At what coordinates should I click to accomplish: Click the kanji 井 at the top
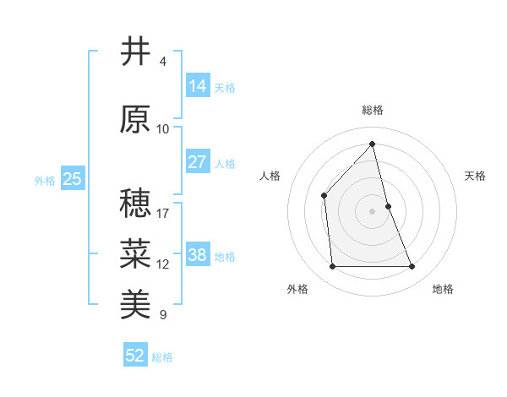135,52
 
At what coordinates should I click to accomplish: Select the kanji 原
135,120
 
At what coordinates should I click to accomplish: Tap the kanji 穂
135,204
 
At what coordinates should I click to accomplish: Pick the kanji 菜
135,253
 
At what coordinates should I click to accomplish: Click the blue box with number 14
197,86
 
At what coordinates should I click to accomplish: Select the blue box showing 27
197,162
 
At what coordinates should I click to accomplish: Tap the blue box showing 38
197,255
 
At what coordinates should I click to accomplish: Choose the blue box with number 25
72,178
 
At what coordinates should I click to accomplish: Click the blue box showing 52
135,356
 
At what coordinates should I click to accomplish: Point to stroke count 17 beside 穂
163,213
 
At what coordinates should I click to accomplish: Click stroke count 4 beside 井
163,62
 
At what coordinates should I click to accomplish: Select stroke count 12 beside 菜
163,264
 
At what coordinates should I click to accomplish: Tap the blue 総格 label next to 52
162,357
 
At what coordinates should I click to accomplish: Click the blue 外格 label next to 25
45,180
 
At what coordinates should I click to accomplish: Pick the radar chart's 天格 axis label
475,176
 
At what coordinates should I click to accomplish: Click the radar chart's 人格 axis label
270,176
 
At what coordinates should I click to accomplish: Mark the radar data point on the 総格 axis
372,144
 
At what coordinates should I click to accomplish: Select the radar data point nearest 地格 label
412,267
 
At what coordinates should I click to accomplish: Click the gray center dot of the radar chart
372,210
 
